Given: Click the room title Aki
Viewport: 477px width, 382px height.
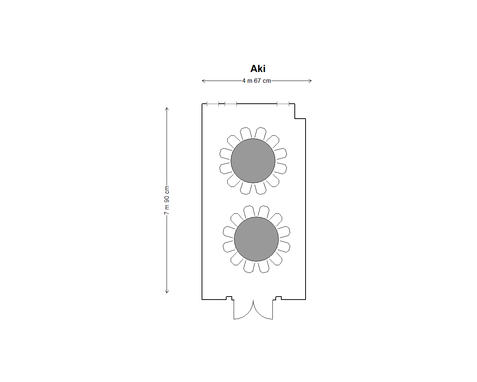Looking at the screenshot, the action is pyautogui.click(x=258, y=69).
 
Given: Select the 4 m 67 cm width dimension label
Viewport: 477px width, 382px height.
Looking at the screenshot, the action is pyautogui.click(x=256, y=81).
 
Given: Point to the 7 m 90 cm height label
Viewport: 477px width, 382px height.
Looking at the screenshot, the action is pyautogui.click(x=167, y=200).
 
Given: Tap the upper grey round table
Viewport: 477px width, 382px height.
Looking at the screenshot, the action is pyautogui.click(x=253, y=161).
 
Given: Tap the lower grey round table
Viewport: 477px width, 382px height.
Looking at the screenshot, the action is pyautogui.click(x=256, y=239).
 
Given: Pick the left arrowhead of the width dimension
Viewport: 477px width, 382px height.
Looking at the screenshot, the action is pyautogui.click(x=203, y=81).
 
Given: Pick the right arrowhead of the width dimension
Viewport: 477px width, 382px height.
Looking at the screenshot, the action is pyautogui.click(x=310, y=81).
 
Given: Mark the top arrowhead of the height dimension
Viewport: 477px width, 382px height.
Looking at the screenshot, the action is pyautogui.click(x=167, y=109).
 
